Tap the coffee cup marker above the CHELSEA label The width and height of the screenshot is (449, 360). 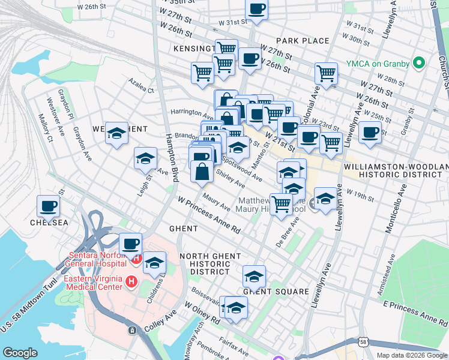point(48,206)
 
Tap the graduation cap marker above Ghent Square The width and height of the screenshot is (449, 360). point(254,277)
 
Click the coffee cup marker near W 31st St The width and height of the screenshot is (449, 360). point(256,9)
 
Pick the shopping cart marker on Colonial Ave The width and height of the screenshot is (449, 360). point(326,73)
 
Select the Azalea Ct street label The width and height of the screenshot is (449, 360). point(141,85)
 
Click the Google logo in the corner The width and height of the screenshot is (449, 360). point(20,352)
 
